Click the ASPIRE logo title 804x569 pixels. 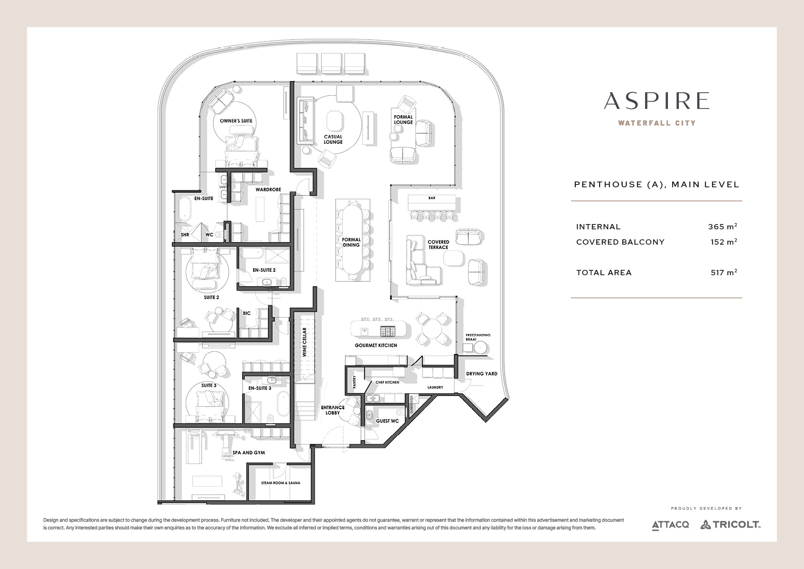[656, 101]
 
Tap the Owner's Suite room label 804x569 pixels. [236, 121]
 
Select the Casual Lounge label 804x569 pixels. [333, 140]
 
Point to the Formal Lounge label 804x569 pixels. [403, 119]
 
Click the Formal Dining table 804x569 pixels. [351, 240]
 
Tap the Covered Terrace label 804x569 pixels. [438, 245]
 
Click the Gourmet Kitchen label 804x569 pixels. [376, 345]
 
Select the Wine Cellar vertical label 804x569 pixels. [305, 342]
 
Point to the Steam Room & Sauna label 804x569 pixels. [281, 483]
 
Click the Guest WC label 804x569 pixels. [387, 421]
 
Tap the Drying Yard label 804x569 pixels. [482, 374]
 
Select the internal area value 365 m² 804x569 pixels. [722, 226]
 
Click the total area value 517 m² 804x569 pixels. [724, 272]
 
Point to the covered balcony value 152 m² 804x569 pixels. [724, 242]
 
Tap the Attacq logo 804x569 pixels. [670, 525]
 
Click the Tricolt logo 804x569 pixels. [730, 525]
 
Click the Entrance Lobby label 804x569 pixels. [333, 410]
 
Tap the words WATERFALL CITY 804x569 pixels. [657, 123]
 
